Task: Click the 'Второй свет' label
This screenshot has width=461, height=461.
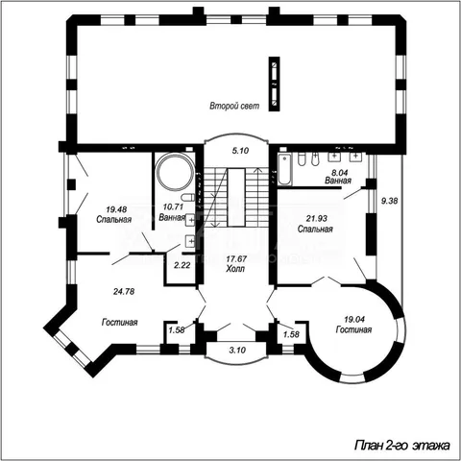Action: (x=234, y=106)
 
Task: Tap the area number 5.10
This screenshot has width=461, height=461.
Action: (x=240, y=151)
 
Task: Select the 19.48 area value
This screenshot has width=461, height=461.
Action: (x=116, y=209)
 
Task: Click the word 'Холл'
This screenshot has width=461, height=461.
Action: (x=235, y=269)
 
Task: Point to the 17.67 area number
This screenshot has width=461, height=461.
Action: (x=236, y=259)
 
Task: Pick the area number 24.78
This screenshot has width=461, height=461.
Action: (x=124, y=292)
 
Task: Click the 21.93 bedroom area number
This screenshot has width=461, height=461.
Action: (x=317, y=219)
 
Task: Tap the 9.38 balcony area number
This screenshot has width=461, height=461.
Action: (x=389, y=201)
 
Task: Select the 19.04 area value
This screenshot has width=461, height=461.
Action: (x=354, y=319)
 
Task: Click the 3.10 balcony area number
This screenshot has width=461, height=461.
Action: (x=237, y=351)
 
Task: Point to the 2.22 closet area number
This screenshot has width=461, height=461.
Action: (x=182, y=265)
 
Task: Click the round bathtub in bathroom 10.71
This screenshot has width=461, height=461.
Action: (x=175, y=172)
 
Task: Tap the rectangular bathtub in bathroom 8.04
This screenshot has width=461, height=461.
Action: (x=284, y=170)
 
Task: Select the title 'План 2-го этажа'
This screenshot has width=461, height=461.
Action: (x=402, y=446)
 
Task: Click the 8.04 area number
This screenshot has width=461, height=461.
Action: (x=339, y=173)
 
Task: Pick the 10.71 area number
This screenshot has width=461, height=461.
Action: (x=173, y=207)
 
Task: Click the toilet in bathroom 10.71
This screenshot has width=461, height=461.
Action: (x=187, y=197)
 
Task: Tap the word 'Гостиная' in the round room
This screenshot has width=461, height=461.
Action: (x=353, y=329)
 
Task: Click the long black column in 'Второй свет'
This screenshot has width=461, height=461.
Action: (x=274, y=84)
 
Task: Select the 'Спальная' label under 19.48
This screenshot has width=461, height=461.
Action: (x=114, y=220)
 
